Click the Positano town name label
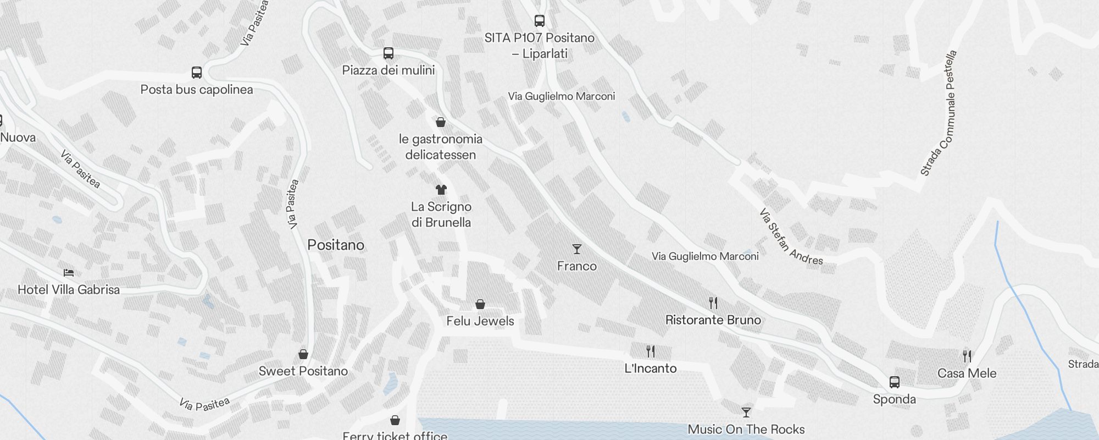tap(336, 245)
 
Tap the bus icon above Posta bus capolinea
tap(197, 73)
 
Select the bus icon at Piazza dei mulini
tap(388, 53)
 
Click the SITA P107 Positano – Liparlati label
tap(540, 46)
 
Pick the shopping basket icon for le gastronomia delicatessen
tap(441, 122)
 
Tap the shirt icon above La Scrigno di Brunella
tap(441, 190)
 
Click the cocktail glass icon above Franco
tap(577, 249)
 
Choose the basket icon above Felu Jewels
tap(480, 304)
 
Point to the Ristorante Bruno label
tap(713, 320)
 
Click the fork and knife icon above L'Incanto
tap(651, 351)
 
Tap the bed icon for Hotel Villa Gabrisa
tap(69, 273)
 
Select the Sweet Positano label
tap(303, 371)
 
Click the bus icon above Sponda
tap(895, 382)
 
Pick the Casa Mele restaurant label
tap(967, 373)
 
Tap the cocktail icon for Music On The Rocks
tap(746, 412)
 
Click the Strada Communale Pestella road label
tap(939, 113)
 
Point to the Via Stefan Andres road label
tap(791, 237)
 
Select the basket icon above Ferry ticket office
tap(395, 421)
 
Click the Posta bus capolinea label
tap(197, 90)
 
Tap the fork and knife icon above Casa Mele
tap(967, 356)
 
